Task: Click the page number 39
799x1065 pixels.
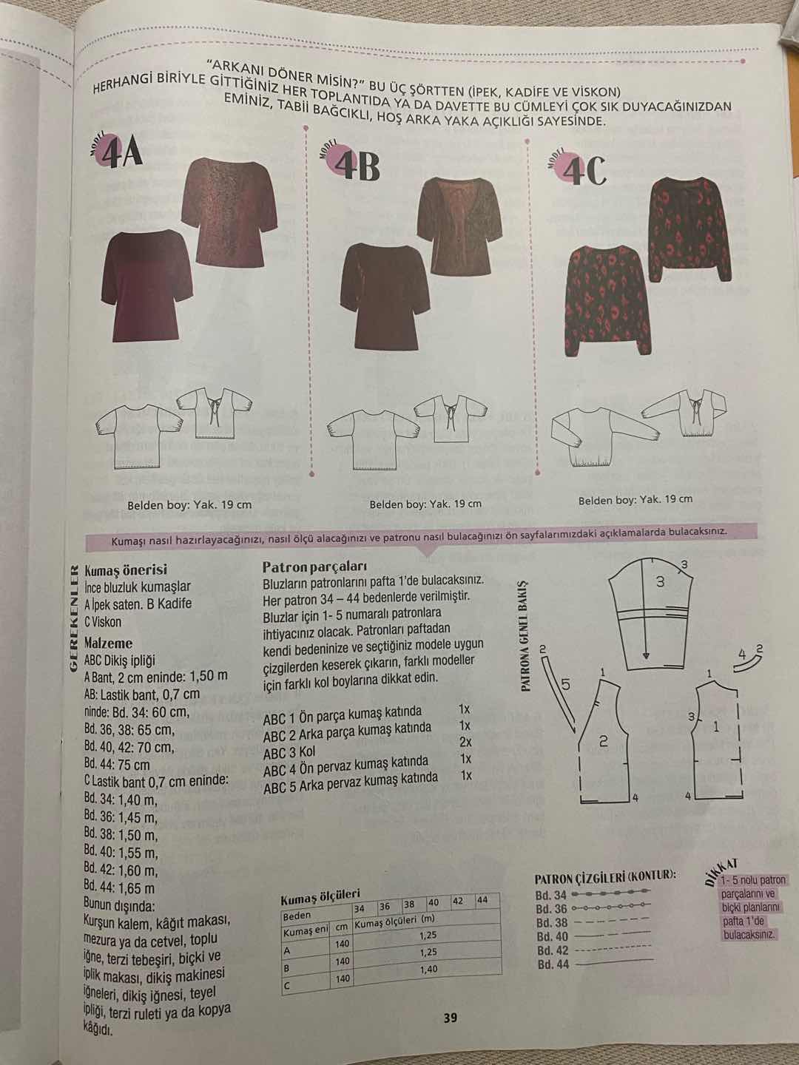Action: (451, 1018)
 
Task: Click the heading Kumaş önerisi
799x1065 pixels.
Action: (126, 569)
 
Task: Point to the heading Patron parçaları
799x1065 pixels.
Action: (314, 567)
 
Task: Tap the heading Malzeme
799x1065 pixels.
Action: (108, 643)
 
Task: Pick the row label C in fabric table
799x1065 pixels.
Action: (286, 986)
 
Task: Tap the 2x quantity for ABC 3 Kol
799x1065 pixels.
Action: (466, 743)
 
